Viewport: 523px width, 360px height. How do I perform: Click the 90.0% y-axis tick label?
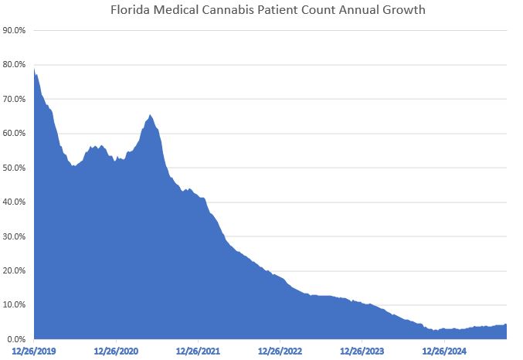point(16,31)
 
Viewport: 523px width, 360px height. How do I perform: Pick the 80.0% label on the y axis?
point(16,65)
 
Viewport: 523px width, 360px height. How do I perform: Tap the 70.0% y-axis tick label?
point(16,100)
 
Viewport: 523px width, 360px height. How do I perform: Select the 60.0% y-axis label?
point(16,134)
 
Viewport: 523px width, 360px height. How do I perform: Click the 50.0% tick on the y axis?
point(16,168)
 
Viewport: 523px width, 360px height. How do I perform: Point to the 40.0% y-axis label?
point(16,202)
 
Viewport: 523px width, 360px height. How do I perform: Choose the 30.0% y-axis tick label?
point(16,236)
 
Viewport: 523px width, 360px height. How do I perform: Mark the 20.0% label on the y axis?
point(16,271)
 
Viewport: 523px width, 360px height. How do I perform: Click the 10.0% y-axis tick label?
point(16,305)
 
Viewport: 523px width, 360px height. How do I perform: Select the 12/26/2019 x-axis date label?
point(34,352)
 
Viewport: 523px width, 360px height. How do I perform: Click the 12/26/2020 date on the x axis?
point(117,352)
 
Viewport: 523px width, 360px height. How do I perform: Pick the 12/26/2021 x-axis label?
point(199,352)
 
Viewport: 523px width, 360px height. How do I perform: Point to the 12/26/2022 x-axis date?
point(280,352)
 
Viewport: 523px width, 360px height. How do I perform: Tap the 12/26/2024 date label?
point(445,352)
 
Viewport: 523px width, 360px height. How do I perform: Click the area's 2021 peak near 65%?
point(150,115)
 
